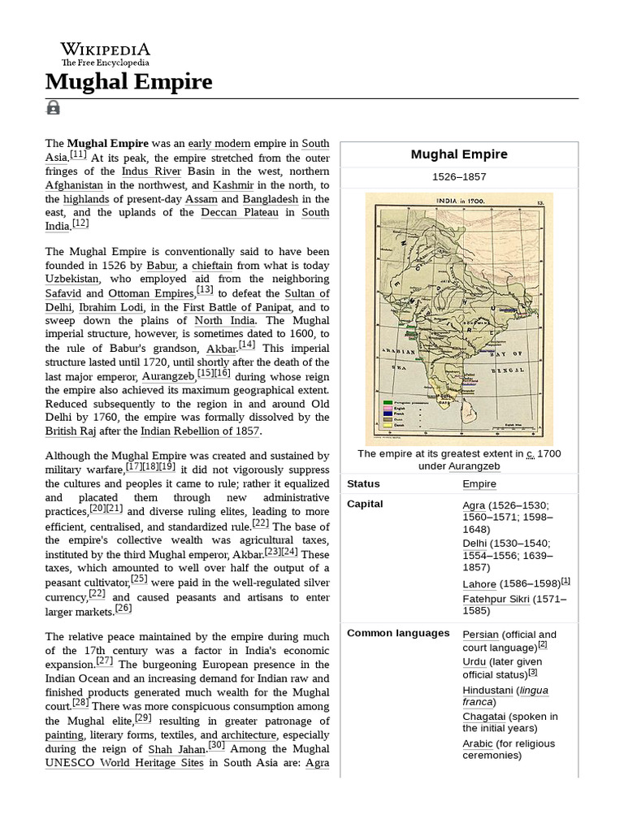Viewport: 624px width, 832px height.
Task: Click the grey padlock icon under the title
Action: [x=53, y=107]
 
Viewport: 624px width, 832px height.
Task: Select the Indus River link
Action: [x=151, y=171]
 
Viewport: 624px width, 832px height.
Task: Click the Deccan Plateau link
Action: [x=240, y=212]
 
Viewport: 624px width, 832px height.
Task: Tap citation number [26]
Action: [x=123, y=608]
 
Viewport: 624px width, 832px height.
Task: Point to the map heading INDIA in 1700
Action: [x=459, y=199]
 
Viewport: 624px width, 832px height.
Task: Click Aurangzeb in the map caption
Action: [x=472, y=466]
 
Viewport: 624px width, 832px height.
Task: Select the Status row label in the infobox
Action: [x=363, y=483]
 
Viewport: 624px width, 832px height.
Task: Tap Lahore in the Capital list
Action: [x=479, y=584]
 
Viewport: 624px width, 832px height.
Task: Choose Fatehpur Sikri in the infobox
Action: [x=496, y=600]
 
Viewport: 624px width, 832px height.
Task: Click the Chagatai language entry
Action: [x=483, y=717]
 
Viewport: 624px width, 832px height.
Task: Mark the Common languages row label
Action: [x=398, y=633]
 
